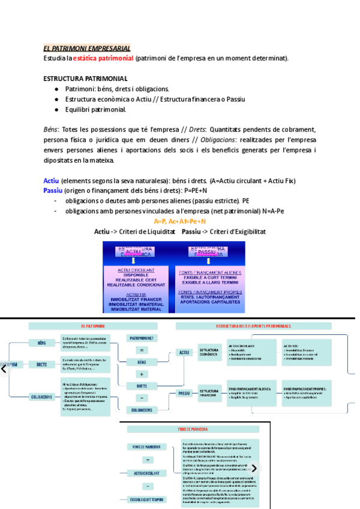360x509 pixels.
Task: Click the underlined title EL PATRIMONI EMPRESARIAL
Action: tap(86, 48)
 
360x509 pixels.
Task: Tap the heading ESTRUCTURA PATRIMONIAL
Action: tap(85, 79)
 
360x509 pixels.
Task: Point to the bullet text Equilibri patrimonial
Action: tap(96, 110)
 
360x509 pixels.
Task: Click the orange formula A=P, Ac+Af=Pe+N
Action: tap(179, 221)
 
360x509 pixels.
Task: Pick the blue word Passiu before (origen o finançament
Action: tap(53, 190)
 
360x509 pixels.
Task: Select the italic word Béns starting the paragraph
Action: tap(51, 130)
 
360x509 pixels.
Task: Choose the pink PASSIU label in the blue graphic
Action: tap(207, 252)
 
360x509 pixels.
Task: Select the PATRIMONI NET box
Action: tap(142, 339)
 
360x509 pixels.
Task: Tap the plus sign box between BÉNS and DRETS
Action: tap(142, 374)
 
